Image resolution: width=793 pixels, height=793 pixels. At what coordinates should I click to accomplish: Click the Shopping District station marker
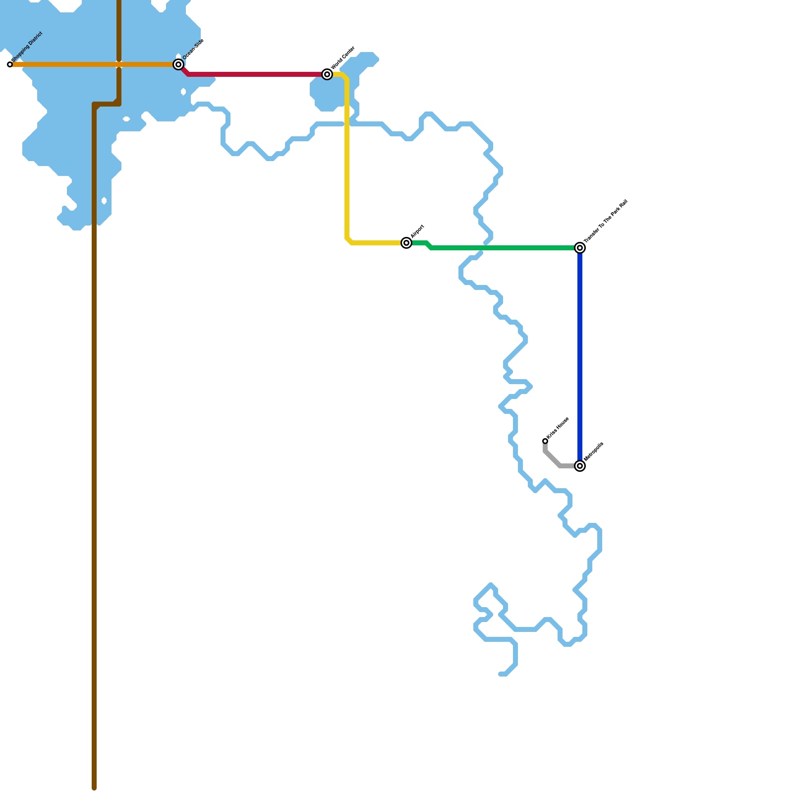[10, 64]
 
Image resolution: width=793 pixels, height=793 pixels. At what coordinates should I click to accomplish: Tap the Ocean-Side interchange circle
[178, 64]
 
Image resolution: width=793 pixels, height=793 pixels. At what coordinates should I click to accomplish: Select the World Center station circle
[327, 74]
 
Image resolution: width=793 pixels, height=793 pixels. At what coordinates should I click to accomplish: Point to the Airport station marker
[406, 243]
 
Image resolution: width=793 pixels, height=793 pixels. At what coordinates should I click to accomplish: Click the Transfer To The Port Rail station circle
[580, 248]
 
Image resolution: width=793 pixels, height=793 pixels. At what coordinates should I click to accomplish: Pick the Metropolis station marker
[580, 466]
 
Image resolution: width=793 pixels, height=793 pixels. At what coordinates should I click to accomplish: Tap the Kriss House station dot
[545, 441]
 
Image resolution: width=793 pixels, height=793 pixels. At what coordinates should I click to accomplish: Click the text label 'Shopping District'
[27, 48]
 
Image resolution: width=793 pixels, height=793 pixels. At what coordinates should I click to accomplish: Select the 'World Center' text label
[343, 58]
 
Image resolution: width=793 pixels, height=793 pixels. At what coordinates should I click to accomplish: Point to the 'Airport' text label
[418, 231]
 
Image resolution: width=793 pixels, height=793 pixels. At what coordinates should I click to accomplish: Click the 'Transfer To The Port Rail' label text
[606, 221]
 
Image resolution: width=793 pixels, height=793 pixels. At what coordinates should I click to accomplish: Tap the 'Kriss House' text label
[558, 428]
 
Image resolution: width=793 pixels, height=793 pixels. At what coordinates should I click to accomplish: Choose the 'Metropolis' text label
[594, 452]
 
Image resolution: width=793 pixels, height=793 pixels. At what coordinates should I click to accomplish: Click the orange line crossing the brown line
[119, 64]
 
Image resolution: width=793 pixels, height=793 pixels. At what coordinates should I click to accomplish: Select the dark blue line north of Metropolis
[580, 357]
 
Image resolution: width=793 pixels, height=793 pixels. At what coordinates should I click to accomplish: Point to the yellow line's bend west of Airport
[348, 241]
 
